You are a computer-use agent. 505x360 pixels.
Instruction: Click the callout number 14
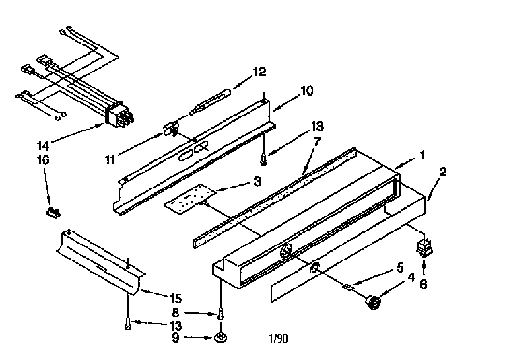(43, 146)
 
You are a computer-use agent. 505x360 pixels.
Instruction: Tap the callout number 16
(44, 160)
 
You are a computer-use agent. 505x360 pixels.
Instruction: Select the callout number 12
(260, 72)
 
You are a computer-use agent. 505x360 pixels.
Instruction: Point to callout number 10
(306, 91)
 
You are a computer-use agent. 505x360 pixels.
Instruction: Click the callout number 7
(317, 141)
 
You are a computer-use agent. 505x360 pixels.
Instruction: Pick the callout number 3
(257, 182)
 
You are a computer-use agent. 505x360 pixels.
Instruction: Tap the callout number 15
(176, 299)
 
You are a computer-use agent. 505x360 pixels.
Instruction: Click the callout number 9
(176, 338)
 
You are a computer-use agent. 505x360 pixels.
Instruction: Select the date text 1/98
(278, 338)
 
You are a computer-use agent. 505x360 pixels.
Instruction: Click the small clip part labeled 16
(53, 213)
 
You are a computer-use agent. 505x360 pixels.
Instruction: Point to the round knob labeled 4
(373, 302)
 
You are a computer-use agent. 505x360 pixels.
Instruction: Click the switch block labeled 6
(424, 248)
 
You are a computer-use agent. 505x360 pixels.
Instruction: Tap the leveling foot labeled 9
(221, 338)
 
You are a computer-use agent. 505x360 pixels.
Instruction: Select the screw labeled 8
(221, 313)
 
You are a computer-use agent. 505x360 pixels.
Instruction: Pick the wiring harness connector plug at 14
(119, 114)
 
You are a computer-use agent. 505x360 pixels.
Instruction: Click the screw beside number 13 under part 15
(127, 323)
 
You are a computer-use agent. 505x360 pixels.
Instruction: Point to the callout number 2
(443, 172)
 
